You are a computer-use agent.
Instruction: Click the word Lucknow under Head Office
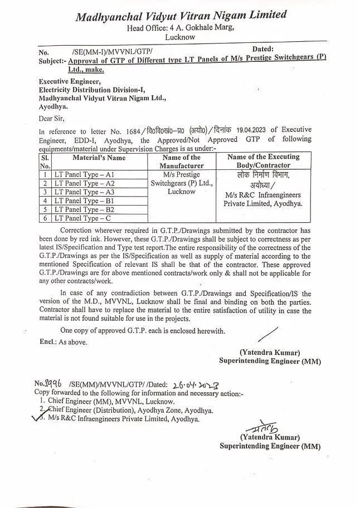pyautogui.click(x=180, y=37)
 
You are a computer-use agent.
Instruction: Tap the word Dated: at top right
pyautogui.click(x=263, y=50)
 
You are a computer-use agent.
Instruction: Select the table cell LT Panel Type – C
pyautogui.click(x=82, y=218)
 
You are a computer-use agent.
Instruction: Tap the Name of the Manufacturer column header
pyautogui.click(x=182, y=162)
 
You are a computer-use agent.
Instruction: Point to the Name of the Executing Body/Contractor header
pyautogui.click(x=263, y=162)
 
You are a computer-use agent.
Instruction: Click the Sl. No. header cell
pyautogui.click(x=45, y=162)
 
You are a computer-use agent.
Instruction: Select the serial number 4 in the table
pyautogui.click(x=45, y=201)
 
